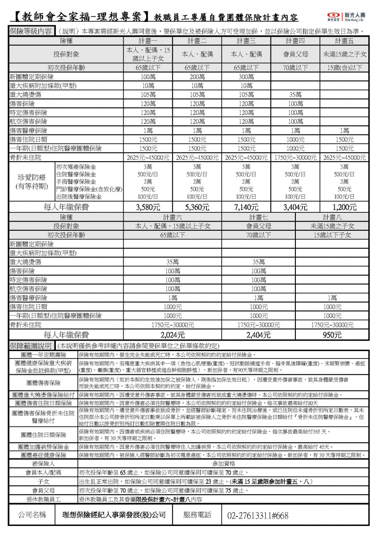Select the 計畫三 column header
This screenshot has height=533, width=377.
point(246,41)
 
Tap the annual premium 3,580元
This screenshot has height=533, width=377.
point(148,207)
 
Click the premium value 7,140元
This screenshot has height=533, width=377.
point(246,207)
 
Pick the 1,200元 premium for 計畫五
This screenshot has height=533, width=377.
point(344,207)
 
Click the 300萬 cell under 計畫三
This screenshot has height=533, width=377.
point(246,77)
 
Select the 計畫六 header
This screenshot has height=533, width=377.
point(173,217)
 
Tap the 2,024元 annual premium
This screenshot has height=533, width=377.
point(173,335)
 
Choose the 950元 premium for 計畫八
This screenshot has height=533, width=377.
point(332,335)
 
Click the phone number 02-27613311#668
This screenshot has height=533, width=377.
point(258,516)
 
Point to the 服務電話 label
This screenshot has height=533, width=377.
point(197,515)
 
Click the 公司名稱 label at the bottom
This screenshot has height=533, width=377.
point(32,515)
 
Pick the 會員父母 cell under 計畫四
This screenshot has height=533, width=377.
point(295,55)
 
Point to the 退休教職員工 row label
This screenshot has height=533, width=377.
point(43,499)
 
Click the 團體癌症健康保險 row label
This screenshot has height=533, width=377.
point(43,455)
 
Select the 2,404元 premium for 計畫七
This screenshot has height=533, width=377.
point(258,335)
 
